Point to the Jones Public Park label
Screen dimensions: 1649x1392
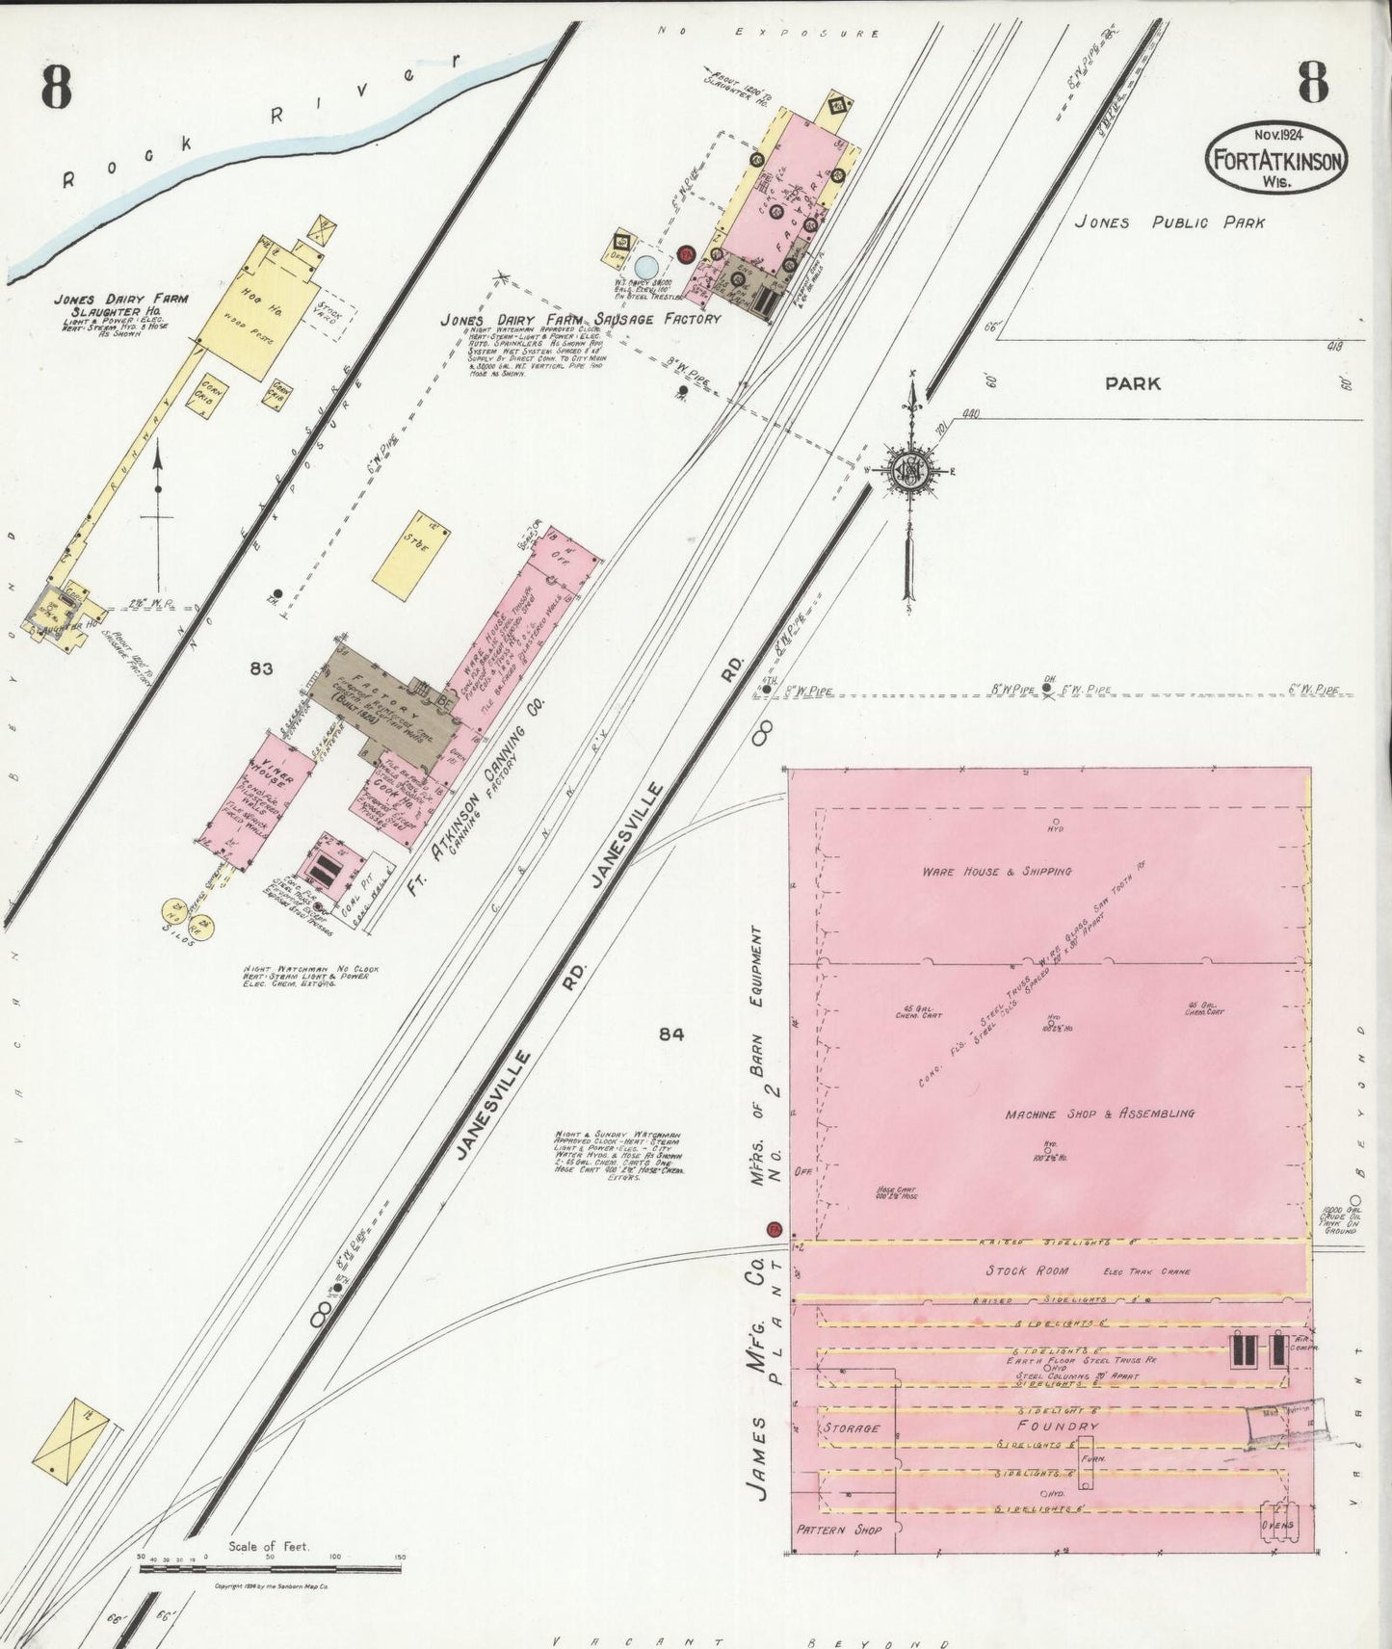1169,222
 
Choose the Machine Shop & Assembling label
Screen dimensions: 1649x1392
1099,1113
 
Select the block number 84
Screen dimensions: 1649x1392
671,1034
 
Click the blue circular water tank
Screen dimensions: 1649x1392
648,264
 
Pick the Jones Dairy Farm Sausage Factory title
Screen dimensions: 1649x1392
580,319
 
